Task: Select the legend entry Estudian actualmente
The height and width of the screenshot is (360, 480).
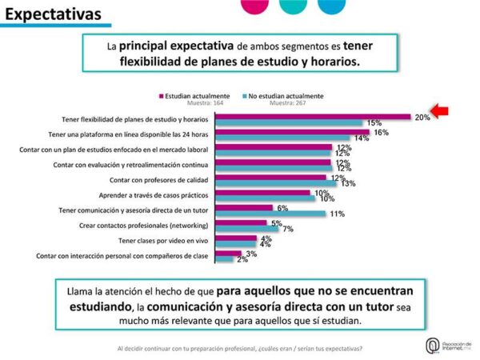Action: pyautogui.click(x=196, y=95)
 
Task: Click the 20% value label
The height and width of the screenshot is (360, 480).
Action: pyautogui.click(x=422, y=117)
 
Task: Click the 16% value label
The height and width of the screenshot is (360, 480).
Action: pyautogui.click(x=381, y=132)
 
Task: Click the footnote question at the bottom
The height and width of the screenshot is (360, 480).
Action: pyautogui.click(x=239, y=348)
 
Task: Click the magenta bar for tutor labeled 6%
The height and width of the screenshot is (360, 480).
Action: pyautogui.click(x=246, y=207)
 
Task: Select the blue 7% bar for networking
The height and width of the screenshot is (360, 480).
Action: pyautogui.click(x=249, y=229)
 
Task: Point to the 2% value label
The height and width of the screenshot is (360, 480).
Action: pyautogui.click(x=242, y=259)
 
